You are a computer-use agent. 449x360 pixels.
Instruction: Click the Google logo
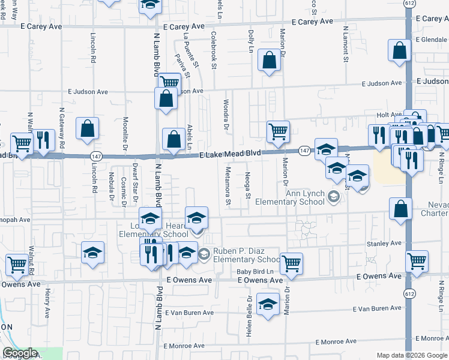click(x=19, y=353)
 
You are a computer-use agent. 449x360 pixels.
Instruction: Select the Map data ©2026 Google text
click(x=411, y=355)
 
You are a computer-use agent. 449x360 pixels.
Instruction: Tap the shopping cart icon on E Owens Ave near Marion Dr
click(x=291, y=262)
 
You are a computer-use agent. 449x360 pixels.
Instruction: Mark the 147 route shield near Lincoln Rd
click(x=95, y=155)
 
